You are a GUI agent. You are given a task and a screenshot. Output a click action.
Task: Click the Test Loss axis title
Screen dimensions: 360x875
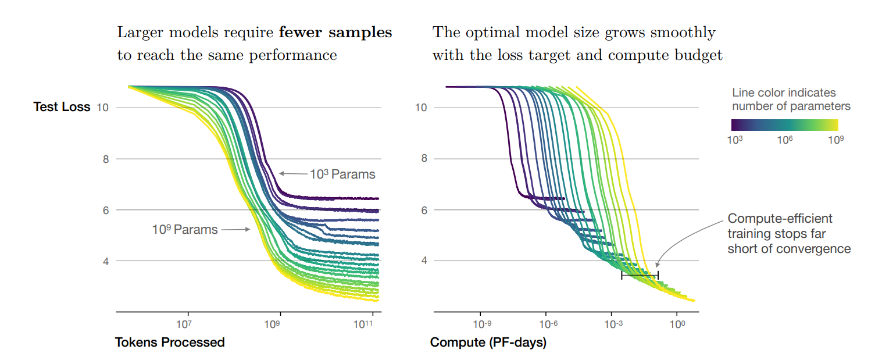[62, 107]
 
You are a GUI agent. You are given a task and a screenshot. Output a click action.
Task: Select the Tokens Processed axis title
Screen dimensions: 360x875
[170, 342]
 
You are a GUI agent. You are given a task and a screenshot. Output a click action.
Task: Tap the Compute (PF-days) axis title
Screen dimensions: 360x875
[488, 343]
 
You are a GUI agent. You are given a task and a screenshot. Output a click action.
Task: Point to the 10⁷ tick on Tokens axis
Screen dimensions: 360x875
[184, 324]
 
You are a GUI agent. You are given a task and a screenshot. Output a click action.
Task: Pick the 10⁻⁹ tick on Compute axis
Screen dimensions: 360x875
[481, 324]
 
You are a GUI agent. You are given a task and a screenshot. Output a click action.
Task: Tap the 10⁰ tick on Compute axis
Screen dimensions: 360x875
[676, 324]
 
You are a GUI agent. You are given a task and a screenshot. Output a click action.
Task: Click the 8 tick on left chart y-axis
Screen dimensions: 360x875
[106, 159]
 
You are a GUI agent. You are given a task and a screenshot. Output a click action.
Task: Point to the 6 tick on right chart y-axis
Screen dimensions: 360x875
[424, 210]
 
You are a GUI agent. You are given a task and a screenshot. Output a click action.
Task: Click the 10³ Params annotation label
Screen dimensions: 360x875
[342, 174]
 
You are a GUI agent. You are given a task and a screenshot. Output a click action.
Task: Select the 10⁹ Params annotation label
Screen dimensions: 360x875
[185, 230]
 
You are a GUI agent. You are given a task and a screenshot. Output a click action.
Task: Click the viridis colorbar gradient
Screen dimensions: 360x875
[784, 124]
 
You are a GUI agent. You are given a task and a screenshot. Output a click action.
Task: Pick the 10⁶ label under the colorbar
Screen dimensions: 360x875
[785, 140]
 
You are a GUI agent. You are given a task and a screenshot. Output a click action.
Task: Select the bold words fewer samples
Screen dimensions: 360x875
[335, 33]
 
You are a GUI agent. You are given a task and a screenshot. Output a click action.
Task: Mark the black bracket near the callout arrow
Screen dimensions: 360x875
[640, 275]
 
